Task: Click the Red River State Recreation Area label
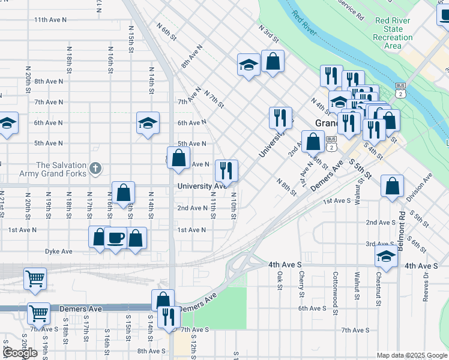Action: (393, 33)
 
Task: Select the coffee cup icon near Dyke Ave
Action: (115, 238)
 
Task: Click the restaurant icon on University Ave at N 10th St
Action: (226, 171)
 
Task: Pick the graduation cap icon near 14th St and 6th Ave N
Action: (148, 123)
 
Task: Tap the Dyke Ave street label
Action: (58, 251)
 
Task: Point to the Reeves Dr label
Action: (426, 286)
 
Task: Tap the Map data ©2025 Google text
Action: (411, 355)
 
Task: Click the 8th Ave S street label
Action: (151, 351)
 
